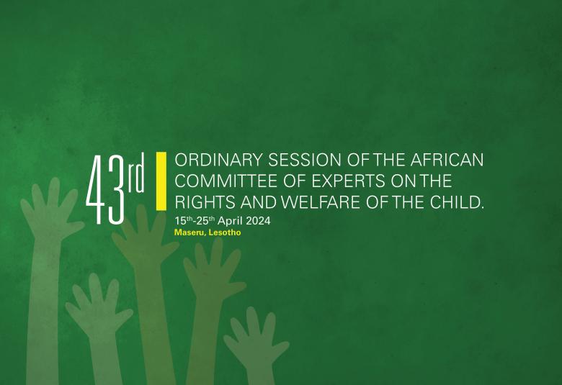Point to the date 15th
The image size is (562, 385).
click(x=184, y=220)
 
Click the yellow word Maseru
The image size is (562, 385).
click(x=189, y=233)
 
